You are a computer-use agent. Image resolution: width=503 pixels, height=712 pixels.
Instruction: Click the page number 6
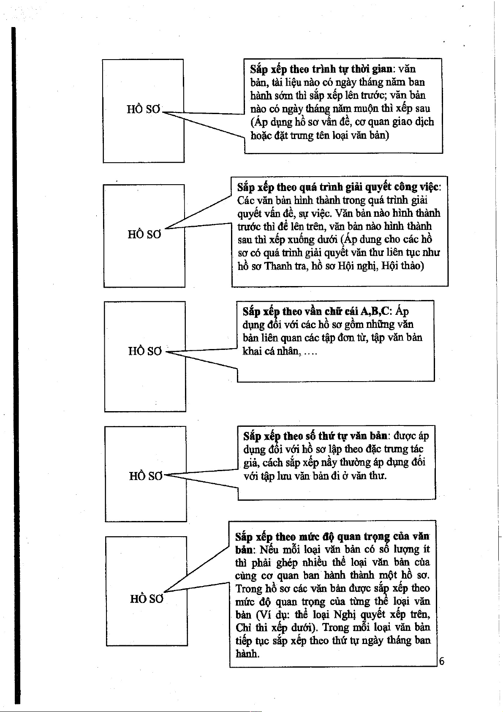click(x=441, y=661)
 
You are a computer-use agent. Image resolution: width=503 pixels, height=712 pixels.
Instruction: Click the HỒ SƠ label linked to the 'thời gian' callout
click(x=144, y=109)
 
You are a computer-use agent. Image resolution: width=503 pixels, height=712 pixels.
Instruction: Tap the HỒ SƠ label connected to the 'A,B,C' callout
click(x=145, y=351)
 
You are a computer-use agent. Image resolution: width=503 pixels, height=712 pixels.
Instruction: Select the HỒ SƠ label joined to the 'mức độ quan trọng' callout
click(x=146, y=599)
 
